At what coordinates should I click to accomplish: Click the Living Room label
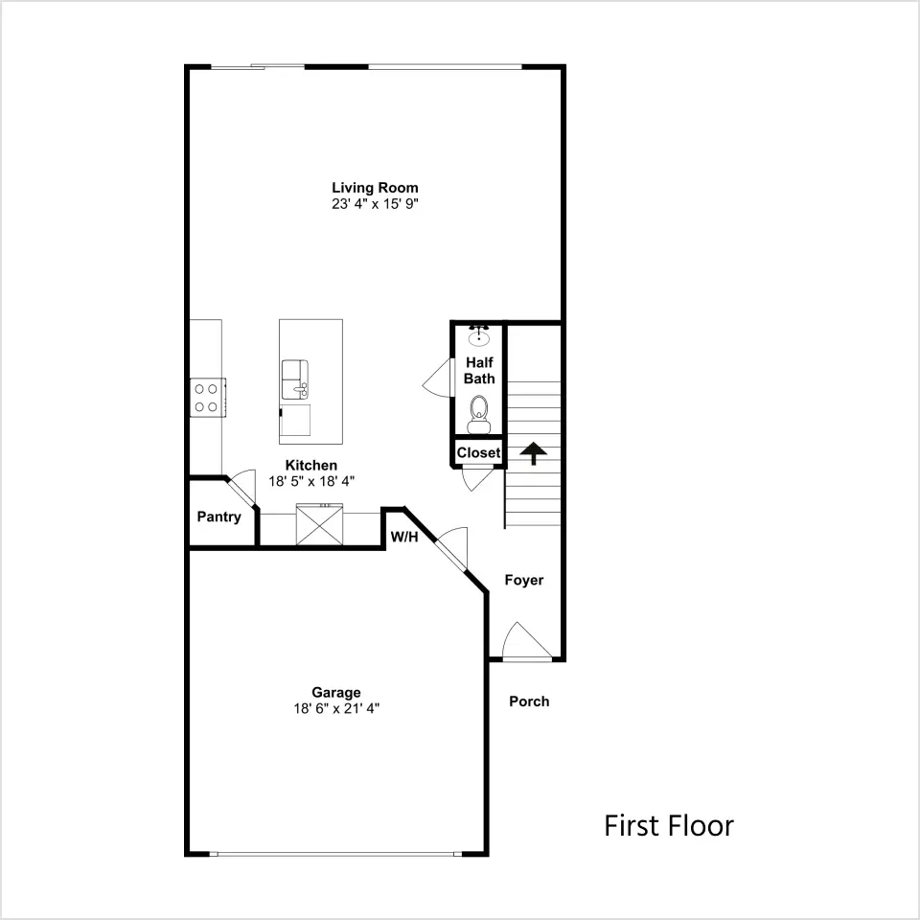pyautogui.click(x=375, y=188)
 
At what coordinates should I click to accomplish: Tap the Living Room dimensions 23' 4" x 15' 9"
pyautogui.click(x=375, y=203)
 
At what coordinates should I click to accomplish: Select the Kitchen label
pyautogui.click(x=310, y=466)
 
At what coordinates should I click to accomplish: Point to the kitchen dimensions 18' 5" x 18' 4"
pyautogui.click(x=311, y=481)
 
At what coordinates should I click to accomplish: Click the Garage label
pyautogui.click(x=336, y=692)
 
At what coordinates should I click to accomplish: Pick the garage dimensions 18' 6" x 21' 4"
pyautogui.click(x=336, y=708)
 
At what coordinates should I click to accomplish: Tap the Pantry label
pyautogui.click(x=218, y=517)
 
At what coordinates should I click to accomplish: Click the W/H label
pyautogui.click(x=404, y=537)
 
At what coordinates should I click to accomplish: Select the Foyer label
pyautogui.click(x=524, y=581)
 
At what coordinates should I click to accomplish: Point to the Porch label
pyautogui.click(x=529, y=701)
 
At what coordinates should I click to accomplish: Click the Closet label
pyautogui.click(x=479, y=453)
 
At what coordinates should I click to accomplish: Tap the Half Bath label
pyautogui.click(x=479, y=370)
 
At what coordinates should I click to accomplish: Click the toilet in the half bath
pyautogui.click(x=479, y=414)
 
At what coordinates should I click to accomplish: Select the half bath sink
pyautogui.click(x=479, y=335)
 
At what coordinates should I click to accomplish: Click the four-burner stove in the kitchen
pyautogui.click(x=208, y=397)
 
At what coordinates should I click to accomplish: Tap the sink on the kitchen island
pyautogui.click(x=295, y=379)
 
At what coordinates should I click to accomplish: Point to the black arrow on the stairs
pyautogui.click(x=534, y=453)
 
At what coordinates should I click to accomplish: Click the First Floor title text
pyautogui.click(x=669, y=825)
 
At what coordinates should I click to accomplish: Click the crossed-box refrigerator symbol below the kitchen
pyautogui.click(x=319, y=524)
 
